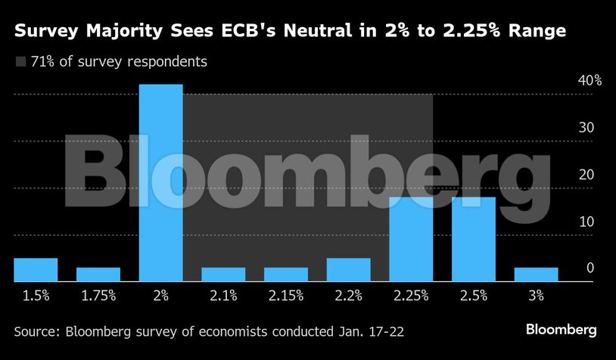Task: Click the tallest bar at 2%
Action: click(x=160, y=183)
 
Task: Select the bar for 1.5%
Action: click(x=36, y=270)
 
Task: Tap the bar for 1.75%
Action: click(x=98, y=275)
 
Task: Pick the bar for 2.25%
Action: click(x=411, y=239)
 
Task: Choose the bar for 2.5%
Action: click(x=474, y=239)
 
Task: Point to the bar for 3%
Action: click(x=536, y=275)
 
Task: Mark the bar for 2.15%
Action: click(x=286, y=275)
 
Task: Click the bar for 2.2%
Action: click(x=348, y=270)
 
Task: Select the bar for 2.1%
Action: click(x=223, y=275)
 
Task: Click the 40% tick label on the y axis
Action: click(x=590, y=80)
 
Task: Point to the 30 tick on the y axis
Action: click(x=586, y=127)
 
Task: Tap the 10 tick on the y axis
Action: click(x=586, y=222)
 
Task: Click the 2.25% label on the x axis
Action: click(x=411, y=295)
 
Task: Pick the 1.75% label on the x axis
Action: click(x=98, y=295)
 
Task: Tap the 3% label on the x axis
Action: click(x=536, y=295)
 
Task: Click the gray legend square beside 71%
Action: click(x=20, y=62)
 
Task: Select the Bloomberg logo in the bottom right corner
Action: click(x=562, y=330)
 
